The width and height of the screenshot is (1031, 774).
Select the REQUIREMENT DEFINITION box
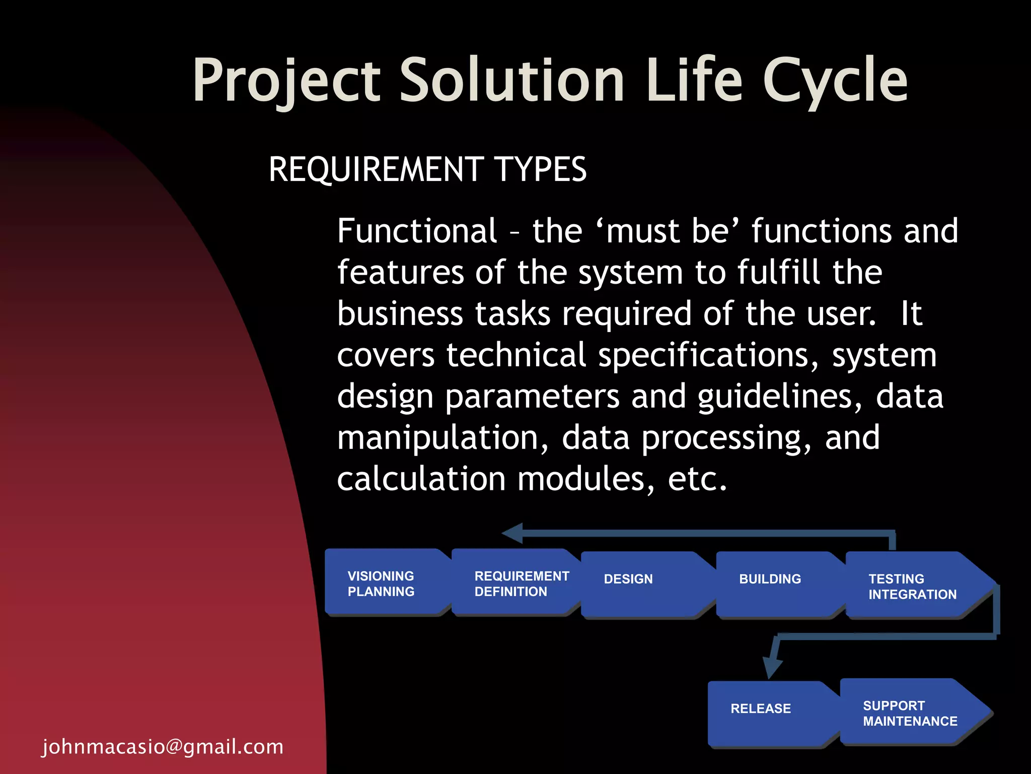516,583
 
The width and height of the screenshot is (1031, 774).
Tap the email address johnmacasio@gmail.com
163,746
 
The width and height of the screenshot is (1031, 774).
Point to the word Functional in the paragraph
417,231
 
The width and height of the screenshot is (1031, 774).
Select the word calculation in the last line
421,479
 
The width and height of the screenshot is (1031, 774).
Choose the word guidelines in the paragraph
780,397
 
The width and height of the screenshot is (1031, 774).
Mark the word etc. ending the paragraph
697,479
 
